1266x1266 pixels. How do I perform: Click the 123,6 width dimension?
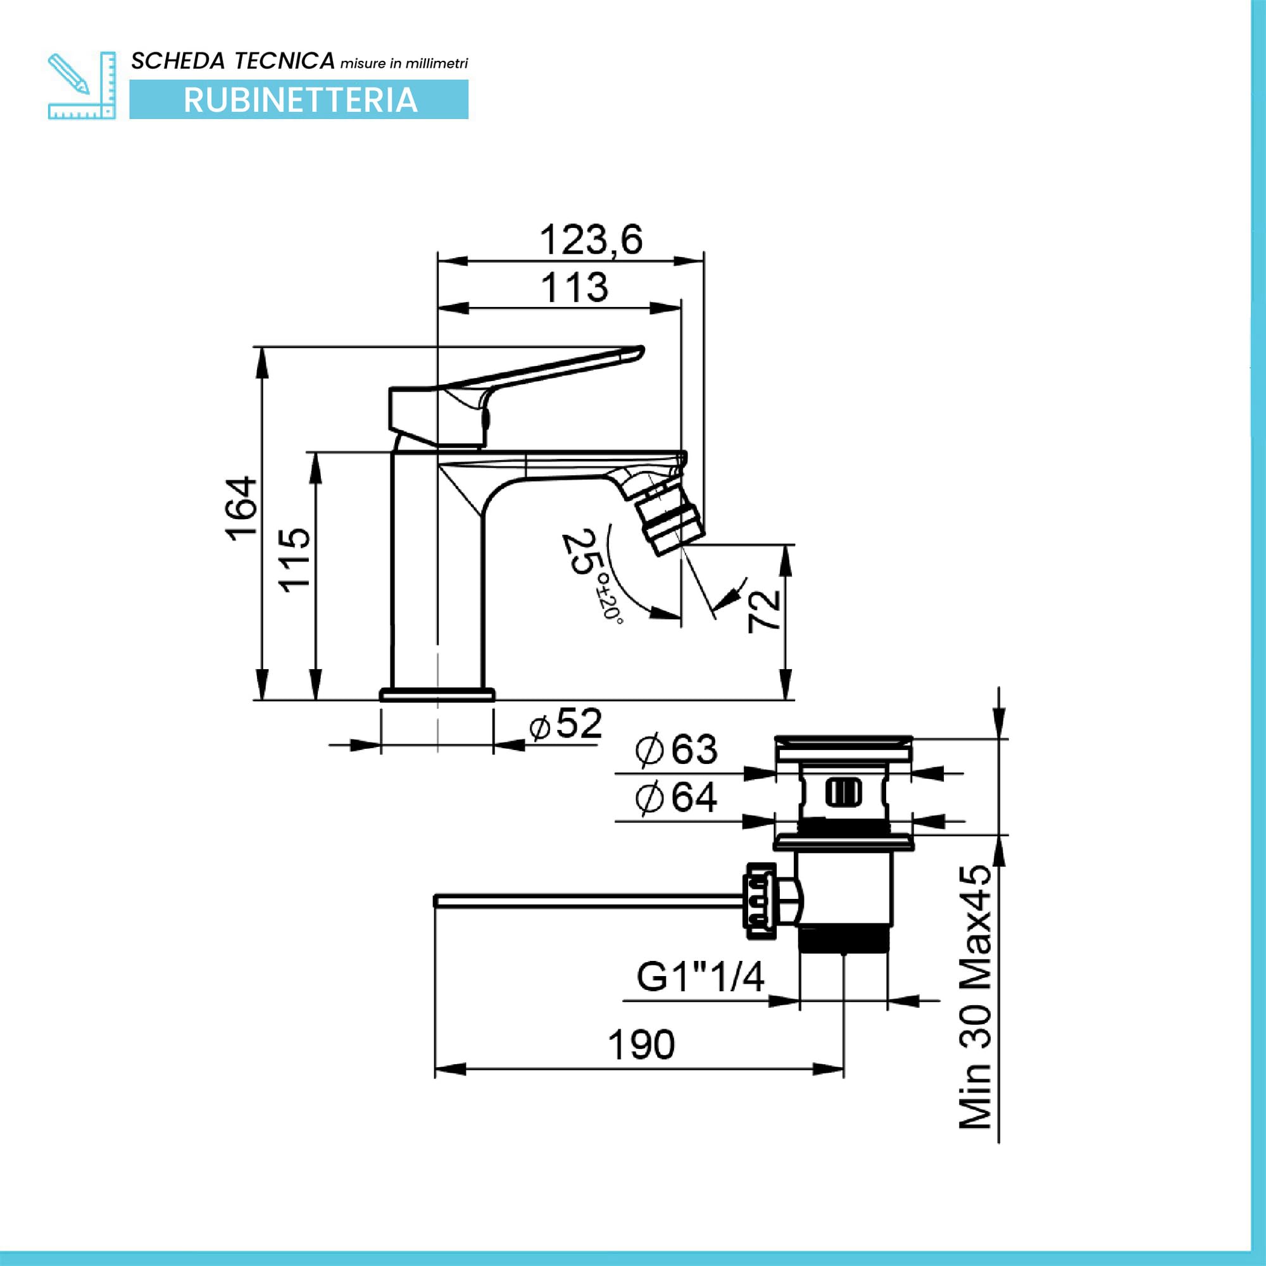coord(591,240)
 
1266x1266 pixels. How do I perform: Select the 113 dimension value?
coord(575,288)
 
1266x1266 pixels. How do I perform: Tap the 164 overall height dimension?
coord(242,508)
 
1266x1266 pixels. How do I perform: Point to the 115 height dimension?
coord(295,560)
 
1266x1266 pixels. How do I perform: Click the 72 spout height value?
coord(764,611)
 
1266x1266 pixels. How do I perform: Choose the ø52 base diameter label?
coord(565,725)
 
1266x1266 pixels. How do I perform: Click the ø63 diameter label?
coord(676,749)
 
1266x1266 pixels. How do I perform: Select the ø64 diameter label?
coord(676,798)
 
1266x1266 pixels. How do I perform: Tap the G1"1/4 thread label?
coord(701,978)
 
